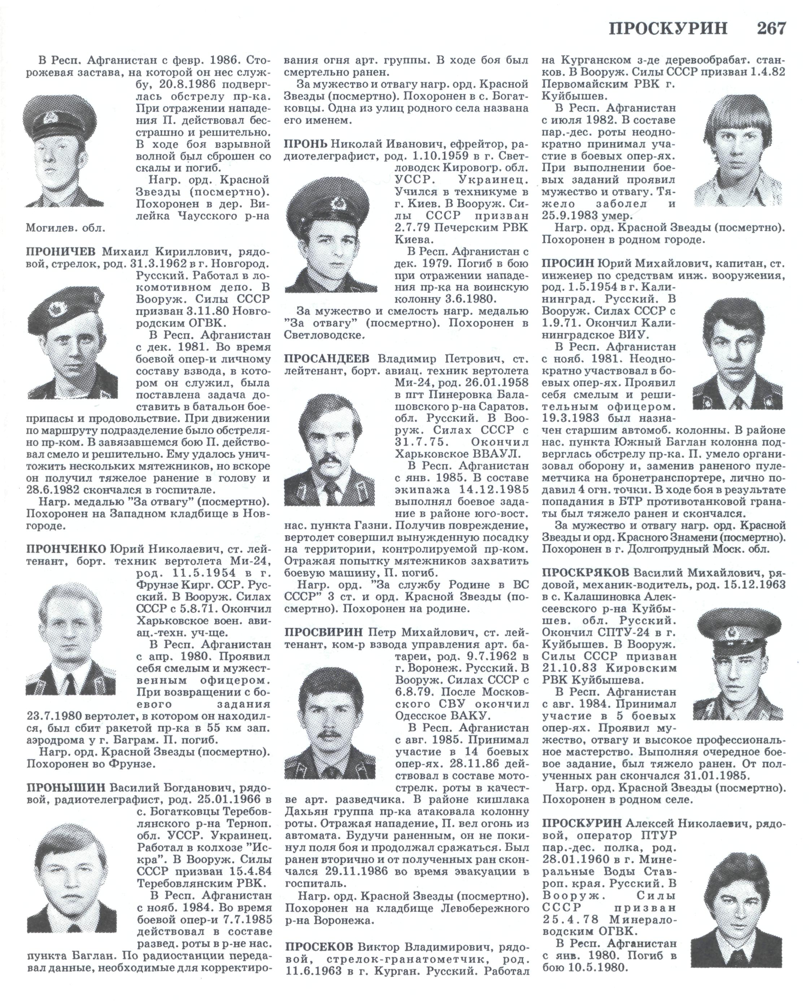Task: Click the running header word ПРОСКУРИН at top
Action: (x=668, y=29)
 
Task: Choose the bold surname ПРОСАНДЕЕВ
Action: (x=326, y=358)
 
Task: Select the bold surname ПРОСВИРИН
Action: (x=323, y=632)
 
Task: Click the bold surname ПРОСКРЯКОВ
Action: (x=585, y=572)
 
